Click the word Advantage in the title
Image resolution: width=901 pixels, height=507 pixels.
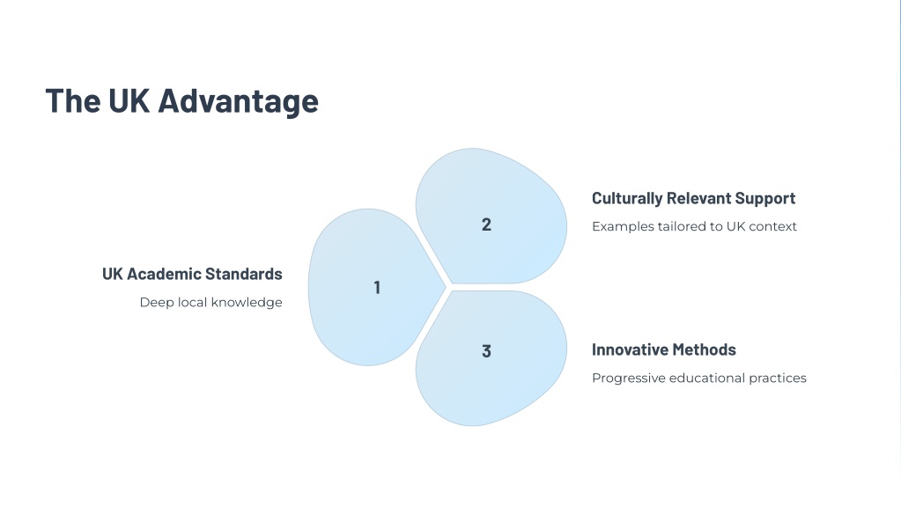(238, 101)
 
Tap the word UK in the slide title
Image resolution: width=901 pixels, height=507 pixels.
(129, 100)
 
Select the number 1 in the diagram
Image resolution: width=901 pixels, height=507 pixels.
(377, 287)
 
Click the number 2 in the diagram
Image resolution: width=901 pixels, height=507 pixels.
(486, 224)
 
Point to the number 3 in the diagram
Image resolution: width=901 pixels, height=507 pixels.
(486, 351)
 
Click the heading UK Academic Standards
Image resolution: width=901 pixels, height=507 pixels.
(192, 274)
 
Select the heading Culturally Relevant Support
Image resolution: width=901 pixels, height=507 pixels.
(693, 199)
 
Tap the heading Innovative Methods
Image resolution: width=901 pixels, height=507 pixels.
(664, 349)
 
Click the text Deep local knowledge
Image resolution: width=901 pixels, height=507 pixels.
(210, 303)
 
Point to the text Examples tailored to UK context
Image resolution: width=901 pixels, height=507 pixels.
(694, 226)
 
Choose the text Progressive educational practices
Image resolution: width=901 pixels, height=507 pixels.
(698, 378)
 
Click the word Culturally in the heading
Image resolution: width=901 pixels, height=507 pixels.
(627, 199)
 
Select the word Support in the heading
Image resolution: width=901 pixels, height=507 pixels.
(765, 199)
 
